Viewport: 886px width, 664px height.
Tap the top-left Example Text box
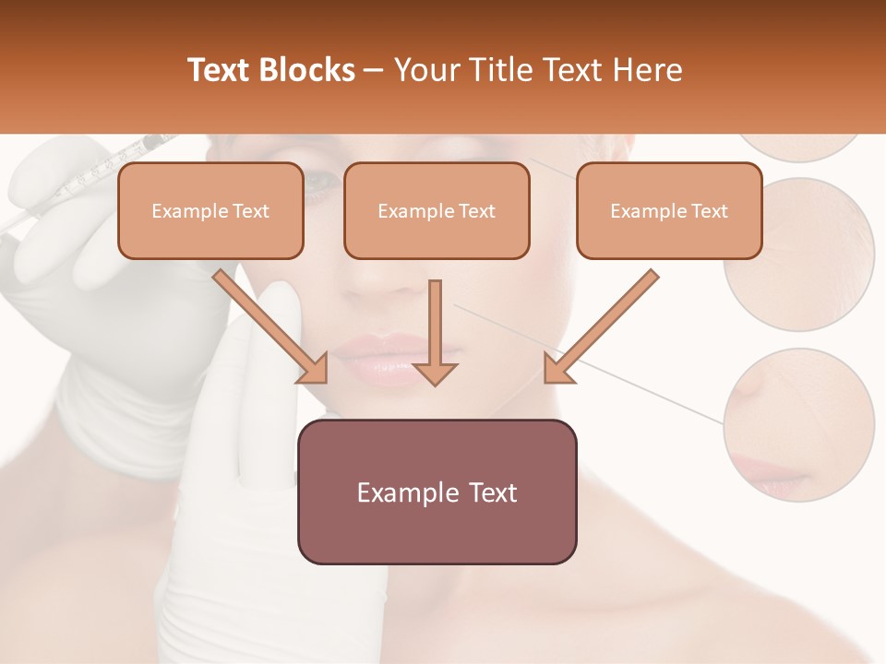(x=210, y=211)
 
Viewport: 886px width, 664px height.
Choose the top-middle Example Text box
(x=437, y=211)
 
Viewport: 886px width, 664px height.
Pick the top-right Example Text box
(x=669, y=211)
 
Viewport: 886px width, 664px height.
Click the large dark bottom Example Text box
(x=437, y=492)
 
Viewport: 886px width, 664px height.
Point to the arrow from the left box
(x=269, y=326)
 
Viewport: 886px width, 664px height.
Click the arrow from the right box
(x=601, y=326)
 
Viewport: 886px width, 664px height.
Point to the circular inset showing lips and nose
(x=798, y=425)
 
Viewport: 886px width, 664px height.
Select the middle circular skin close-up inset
(x=799, y=254)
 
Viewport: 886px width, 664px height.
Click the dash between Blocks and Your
(x=374, y=71)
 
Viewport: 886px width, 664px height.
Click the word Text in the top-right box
(x=708, y=211)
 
